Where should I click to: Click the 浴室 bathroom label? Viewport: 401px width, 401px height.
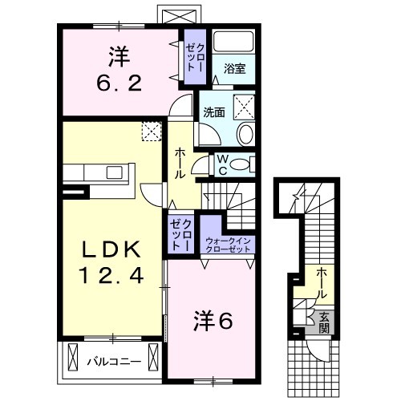[234, 69]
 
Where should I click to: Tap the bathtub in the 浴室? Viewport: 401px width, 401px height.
[233, 42]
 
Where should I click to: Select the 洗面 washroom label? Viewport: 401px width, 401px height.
[214, 112]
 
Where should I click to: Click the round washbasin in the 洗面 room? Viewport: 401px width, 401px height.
[246, 134]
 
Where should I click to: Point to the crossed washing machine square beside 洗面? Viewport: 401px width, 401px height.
[244, 107]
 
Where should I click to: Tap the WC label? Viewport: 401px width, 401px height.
[223, 165]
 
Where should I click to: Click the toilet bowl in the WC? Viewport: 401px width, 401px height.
[239, 164]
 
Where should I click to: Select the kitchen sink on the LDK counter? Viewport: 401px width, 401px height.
[115, 172]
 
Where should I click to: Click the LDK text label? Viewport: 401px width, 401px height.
[111, 249]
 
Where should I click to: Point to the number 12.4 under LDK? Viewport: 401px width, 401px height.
[111, 276]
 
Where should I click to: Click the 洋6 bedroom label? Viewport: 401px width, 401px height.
[213, 322]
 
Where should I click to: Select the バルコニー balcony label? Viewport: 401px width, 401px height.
[114, 362]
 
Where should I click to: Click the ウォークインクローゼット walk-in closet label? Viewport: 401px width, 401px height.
[228, 245]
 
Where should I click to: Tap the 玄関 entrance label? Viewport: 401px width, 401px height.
[324, 322]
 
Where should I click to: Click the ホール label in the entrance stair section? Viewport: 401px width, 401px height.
[322, 284]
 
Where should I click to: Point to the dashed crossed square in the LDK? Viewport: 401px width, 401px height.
[152, 132]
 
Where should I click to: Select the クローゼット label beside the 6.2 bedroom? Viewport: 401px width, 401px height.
[196, 58]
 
